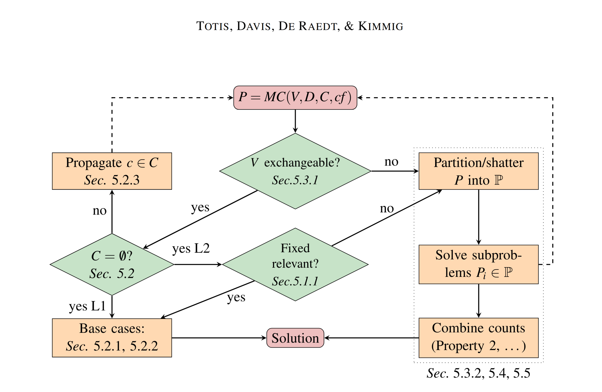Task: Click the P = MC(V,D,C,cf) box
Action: (x=295, y=98)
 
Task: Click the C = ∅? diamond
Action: (x=112, y=264)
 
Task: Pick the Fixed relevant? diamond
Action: (x=295, y=264)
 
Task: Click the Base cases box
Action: (x=112, y=337)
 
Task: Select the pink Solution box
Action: (x=295, y=338)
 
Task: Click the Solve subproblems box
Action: (x=478, y=264)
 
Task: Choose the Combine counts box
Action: (x=478, y=337)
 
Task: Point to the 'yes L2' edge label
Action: (x=191, y=248)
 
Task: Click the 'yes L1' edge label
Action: (x=87, y=306)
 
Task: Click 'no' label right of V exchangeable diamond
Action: (x=391, y=162)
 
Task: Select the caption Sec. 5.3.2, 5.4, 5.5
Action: (x=478, y=373)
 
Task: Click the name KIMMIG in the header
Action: (x=380, y=26)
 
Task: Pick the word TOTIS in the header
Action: (x=213, y=26)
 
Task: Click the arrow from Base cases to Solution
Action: (x=219, y=338)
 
